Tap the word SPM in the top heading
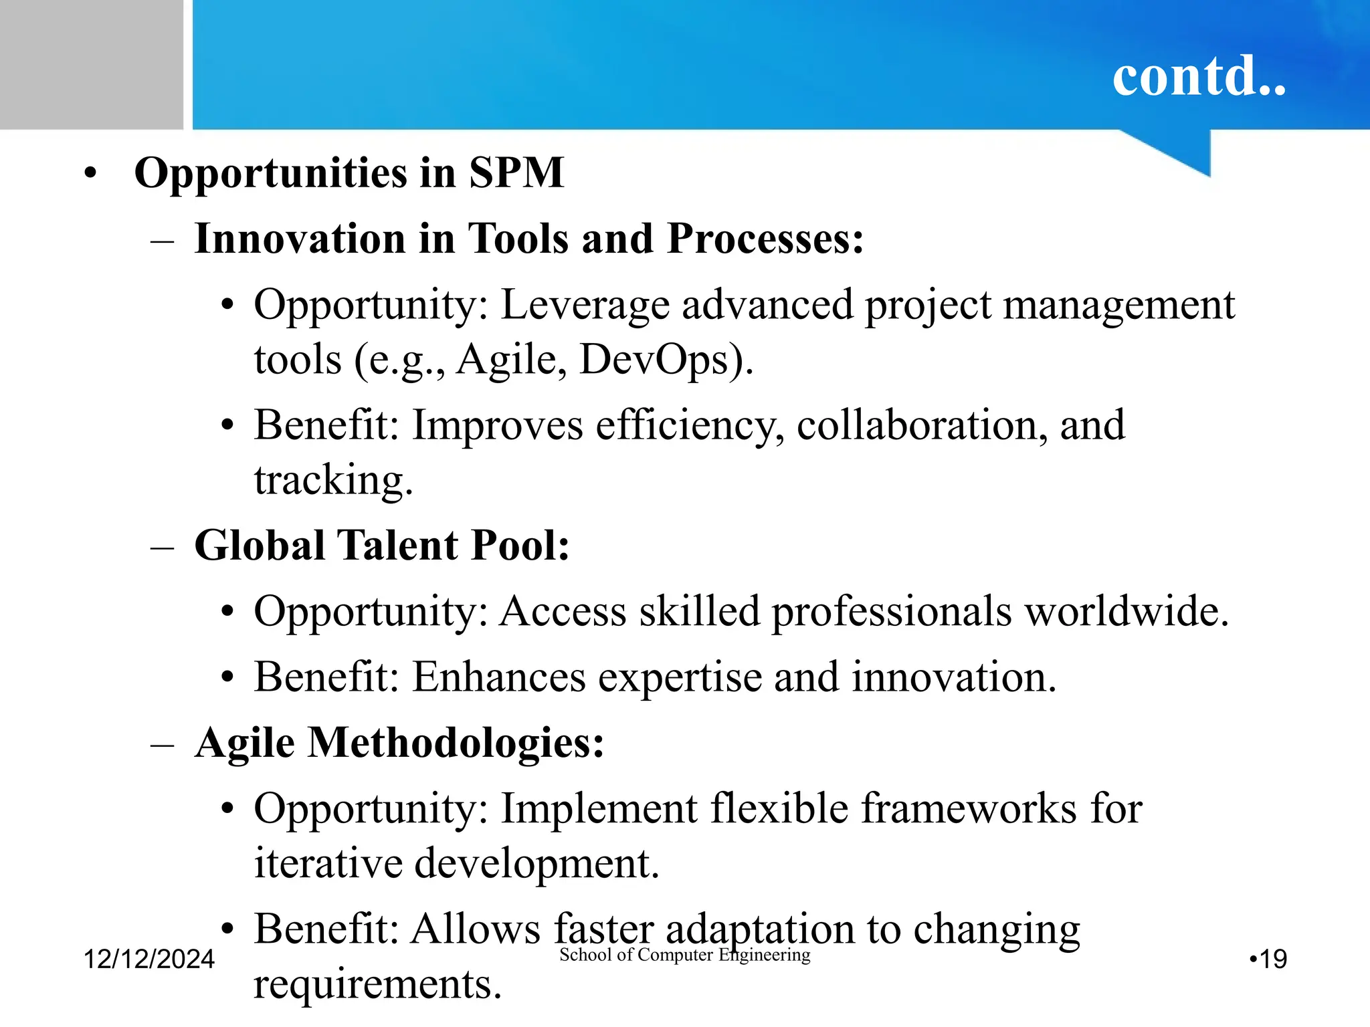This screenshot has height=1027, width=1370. [x=516, y=173]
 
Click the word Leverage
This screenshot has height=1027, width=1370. [x=585, y=305]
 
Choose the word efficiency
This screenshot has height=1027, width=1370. [x=689, y=425]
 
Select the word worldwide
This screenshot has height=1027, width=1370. [x=1127, y=610]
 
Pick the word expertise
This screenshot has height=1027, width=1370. [x=680, y=677]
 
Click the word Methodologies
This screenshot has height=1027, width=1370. [x=455, y=742]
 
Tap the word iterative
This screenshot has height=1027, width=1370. [x=328, y=863]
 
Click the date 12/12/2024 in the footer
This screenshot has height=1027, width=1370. [x=149, y=959]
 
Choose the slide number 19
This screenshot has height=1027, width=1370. [x=1272, y=959]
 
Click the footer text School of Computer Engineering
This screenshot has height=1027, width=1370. [x=684, y=955]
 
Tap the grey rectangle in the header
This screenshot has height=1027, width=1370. [x=91, y=64]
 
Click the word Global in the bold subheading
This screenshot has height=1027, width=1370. [x=259, y=545]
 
